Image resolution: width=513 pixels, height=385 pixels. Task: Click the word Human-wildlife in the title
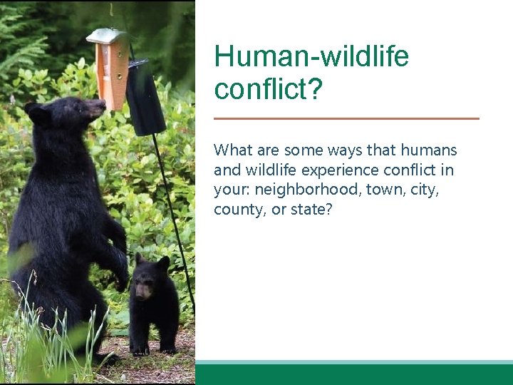(x=311, y=56)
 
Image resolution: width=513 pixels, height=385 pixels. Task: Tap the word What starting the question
(x=233, y=150)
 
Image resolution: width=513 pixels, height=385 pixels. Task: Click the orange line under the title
(x=346, y=118)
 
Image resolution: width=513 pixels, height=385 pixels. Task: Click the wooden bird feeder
(x=111, y=68)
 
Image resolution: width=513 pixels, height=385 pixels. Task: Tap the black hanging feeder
(x=145, y=98)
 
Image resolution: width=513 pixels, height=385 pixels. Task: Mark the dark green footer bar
(x=354, y=375)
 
